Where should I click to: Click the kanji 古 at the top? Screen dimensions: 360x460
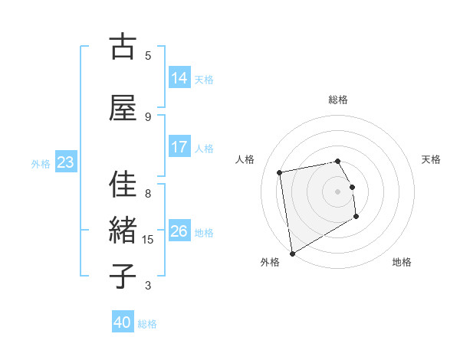(122, 47)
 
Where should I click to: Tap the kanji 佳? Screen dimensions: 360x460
(122, 185)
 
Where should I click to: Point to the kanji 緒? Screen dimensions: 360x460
(122, 230)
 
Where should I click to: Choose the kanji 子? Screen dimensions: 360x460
(122, 276)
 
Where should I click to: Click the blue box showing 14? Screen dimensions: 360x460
(179, 77)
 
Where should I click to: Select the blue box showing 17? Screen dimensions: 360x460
(179, 147)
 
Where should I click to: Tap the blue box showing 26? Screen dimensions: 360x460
(179, 231)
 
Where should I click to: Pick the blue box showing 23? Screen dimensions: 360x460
(65, 162)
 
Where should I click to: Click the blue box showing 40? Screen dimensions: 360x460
(123, 322)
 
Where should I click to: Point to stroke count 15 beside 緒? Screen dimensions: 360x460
(148, 240)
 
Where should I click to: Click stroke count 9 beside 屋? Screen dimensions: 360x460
(148, 116)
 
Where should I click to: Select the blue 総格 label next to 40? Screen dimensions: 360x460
(147, 324)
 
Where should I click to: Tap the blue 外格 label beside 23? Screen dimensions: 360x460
(40, 163)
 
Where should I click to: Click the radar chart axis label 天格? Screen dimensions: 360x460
(431, 159)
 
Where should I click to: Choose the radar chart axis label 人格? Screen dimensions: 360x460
(245, 159)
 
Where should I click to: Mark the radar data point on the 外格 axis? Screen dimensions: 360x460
(292, 253)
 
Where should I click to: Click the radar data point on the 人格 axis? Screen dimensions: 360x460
(280, 172)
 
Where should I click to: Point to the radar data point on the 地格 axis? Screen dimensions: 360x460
(356, 217)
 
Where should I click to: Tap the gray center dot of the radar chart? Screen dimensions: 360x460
(337, 191)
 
